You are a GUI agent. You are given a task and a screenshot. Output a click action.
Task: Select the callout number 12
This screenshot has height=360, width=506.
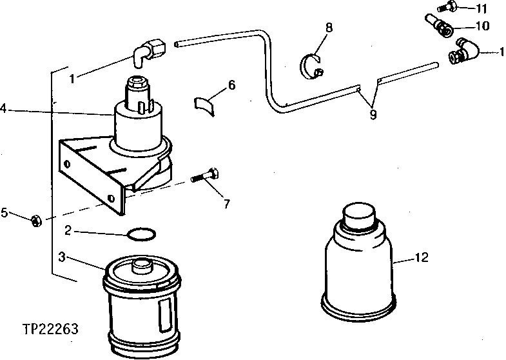422,259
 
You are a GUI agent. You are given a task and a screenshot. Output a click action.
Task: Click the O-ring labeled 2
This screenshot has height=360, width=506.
141,233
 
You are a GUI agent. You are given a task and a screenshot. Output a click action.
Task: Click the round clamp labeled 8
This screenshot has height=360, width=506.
312,66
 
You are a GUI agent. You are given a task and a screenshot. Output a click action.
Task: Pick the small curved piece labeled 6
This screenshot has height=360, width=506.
206,104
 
